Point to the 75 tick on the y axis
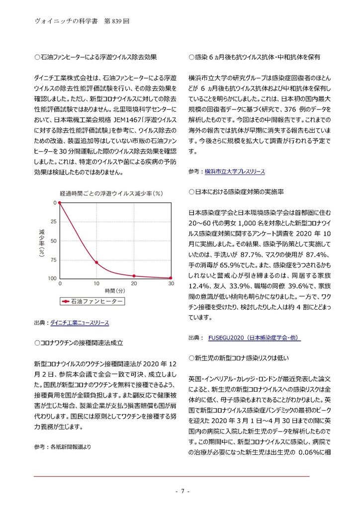tap(53, 260)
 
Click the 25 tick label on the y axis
tap(53, 222)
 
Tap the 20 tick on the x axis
tap(134, 283)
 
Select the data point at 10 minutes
tap(96, 262)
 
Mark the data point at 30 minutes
tap(171, 278)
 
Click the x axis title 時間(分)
tap(115, 290)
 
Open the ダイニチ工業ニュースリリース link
tap(79, 323)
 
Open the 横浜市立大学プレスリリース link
tap(234, 171)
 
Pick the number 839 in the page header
tap(121, 21)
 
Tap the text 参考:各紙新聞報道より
tap(63, 447)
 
